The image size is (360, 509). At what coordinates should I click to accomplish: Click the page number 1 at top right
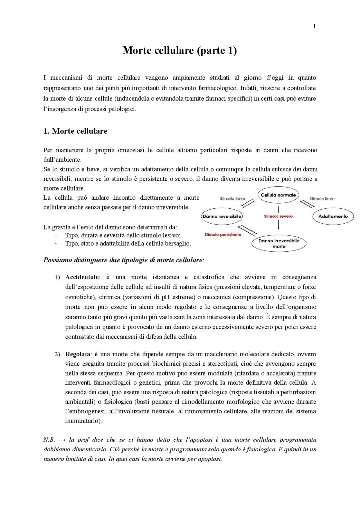click(314, 26)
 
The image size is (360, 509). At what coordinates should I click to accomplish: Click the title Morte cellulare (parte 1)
click(180, 51)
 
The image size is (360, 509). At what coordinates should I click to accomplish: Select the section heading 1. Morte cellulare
click(75, 131)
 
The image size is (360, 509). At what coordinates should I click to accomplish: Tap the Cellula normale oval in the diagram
click(278, 195)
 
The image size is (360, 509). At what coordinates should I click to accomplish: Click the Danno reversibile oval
click(222, 217)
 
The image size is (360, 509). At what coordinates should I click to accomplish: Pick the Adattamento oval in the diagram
click(333, 217)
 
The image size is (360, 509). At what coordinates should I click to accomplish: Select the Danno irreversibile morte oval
click(279, 244)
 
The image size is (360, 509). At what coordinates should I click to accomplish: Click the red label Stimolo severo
click(278, 216)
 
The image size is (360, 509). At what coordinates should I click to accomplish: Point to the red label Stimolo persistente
click(223, 235)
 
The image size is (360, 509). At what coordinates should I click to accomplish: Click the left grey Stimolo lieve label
click(232, 199)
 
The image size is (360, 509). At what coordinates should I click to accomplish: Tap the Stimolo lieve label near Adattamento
click(322, 199)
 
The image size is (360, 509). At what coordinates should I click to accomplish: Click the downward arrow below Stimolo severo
click(278, 225)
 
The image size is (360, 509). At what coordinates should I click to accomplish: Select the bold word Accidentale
click(82, 277)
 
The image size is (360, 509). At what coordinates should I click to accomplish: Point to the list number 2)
click(57, 354)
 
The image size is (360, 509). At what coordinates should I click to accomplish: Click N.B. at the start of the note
click(49, 440)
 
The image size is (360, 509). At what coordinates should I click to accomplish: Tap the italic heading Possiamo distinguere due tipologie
click(124, 260)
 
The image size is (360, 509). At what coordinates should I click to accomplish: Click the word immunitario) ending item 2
click(83, 421)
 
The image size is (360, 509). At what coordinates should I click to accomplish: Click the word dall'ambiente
click(62, 160)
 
